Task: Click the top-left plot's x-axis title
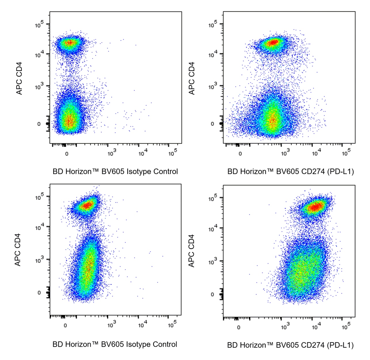(x=115, y=172)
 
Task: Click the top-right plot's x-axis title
(x=291, y=172)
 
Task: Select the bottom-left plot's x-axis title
(x=115, y=344)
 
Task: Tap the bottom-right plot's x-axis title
(x=290, y=345)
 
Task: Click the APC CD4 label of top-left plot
(x=19, y=78)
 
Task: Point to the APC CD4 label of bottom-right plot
(x=191, y=251)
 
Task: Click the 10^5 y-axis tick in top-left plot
(x=39, y=24)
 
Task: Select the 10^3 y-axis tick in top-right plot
(x=213, y=86)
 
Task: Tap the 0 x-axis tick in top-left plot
(x=67, y=154)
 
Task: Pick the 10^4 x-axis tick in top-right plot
(x=316, y=153)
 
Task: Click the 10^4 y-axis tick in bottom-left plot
(x=39, y=227)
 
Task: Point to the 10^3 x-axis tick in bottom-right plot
(x=285, y=326)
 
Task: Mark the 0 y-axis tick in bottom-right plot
(x=212, y=294)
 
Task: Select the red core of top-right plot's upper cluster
(x=273, y=43)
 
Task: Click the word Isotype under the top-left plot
(x=139, y=172)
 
